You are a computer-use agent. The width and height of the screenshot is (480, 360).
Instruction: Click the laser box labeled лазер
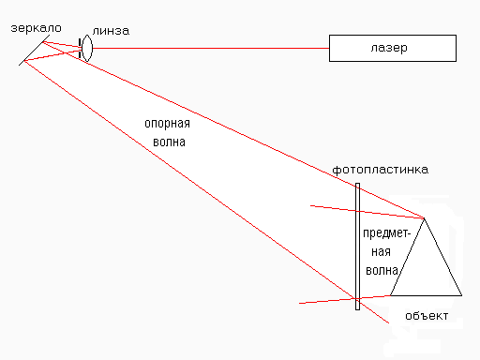[x=391, y=47]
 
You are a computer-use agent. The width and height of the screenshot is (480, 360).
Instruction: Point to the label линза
[x=111, y=31]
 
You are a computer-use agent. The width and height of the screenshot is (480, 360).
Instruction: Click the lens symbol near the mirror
[x=87, y=47]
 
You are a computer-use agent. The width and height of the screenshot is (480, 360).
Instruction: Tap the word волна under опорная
[x=169, y=143]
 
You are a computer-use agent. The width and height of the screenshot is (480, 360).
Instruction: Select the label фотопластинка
[x=381, y=170]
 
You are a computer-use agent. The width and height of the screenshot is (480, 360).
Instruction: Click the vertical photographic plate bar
[x=357, y=244]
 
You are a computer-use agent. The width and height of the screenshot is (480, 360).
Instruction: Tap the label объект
[x=427, y=314]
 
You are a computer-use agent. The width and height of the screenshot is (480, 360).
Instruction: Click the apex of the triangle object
[x=425, y=217]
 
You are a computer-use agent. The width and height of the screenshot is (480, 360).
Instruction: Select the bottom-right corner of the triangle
[x=463, y=293]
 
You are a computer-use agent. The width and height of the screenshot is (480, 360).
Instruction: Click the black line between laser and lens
[x=206, y=47]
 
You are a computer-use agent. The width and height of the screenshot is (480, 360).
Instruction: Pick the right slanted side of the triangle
[x=444, y=256]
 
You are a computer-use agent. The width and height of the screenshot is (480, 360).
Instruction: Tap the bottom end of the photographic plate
[x=357, y=307]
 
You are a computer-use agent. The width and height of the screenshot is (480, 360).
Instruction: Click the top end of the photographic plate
[x=357, y=184]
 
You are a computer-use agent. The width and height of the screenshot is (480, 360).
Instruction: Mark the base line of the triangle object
[x=427, y=293]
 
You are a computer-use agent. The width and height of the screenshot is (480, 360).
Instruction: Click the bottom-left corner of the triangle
[x=390, y=293]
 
